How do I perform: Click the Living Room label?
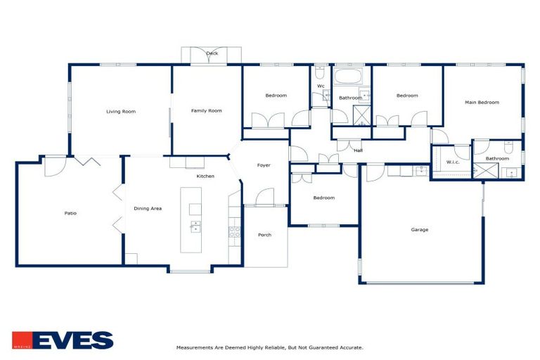pyautogui.click(x=120, y=111)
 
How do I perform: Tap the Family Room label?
pyautogui.click(x=207, y=110)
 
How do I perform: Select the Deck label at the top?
pyautogui.click(x=212, y=53)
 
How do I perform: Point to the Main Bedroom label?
pyautogui.click(x=482, y=103)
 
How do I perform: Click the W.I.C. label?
pyautogui.click(x=453, y=162)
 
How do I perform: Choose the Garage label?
pyautogui.click(x=420, y=229)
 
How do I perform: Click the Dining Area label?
pyautogui.click(x=148, y=208)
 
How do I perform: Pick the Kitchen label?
pyautogui.click(x=205, y=176)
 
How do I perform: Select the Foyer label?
pyautogui.click(x=264, y=165)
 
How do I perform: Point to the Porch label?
pyautogui.click(x=264, y=234)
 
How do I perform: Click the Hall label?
pyautogui.click(x=358, y=150)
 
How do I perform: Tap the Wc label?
pyautogui.click(x=321, y=86)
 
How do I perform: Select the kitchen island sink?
pyautogui.click(x=195, y=226)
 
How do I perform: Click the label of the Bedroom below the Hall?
pyautogui.click(x=323, y=198)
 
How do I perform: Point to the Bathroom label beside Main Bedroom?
pyautogui.click(x=497, y=158)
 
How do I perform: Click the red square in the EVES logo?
pyautogui.click(x=21, y=340)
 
